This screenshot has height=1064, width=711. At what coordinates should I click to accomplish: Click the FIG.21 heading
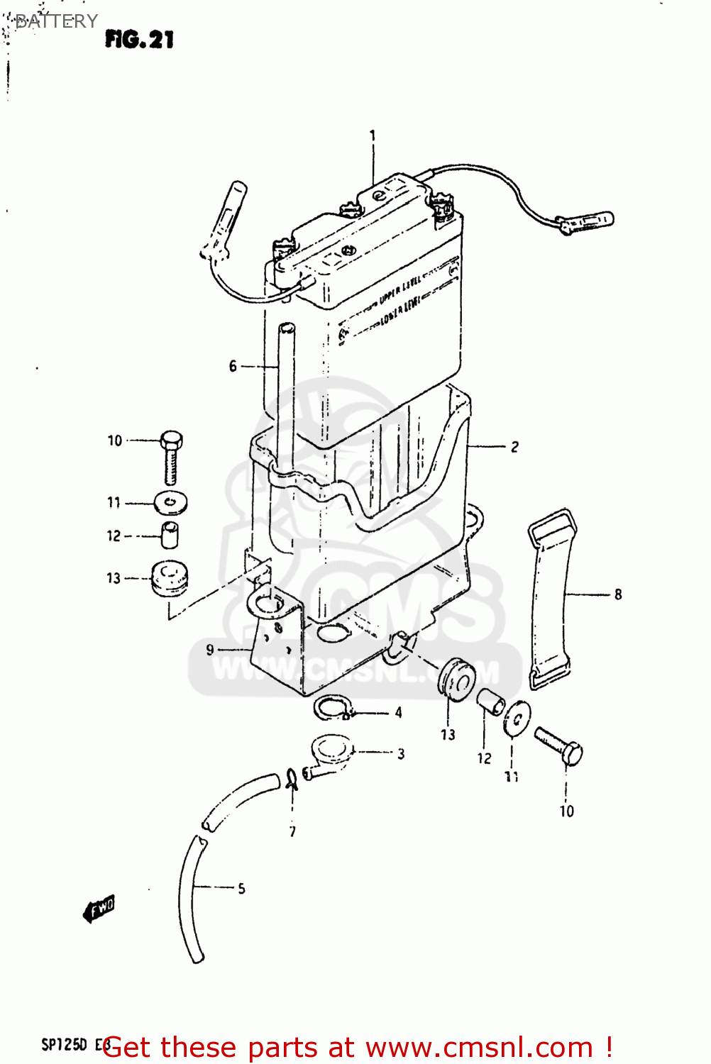coord(139,39)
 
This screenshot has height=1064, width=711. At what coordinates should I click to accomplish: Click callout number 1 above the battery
coord(373,135)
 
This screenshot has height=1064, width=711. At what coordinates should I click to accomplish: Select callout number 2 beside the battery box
coord(514,447)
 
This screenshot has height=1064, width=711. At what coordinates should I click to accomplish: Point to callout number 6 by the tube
coord(233,366)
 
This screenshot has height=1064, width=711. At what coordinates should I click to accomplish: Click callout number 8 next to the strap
coord(618,594)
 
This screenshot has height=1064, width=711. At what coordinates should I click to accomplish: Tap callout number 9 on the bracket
coord(210,649)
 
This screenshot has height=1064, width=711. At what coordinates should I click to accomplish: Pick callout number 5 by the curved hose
coord(241,888)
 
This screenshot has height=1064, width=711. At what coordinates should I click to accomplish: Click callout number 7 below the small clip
coord(292,831)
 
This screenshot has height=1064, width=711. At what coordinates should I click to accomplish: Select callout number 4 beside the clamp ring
coord(399,712)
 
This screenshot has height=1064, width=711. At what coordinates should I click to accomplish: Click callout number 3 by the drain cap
coord(401,753)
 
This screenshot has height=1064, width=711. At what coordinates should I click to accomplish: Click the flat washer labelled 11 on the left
coord(170,504)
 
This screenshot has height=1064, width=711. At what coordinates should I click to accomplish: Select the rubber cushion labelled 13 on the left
coord(170,578)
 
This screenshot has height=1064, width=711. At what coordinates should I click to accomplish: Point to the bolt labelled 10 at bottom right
coord(561,746)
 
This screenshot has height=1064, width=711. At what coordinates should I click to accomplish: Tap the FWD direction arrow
coord(99,909)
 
